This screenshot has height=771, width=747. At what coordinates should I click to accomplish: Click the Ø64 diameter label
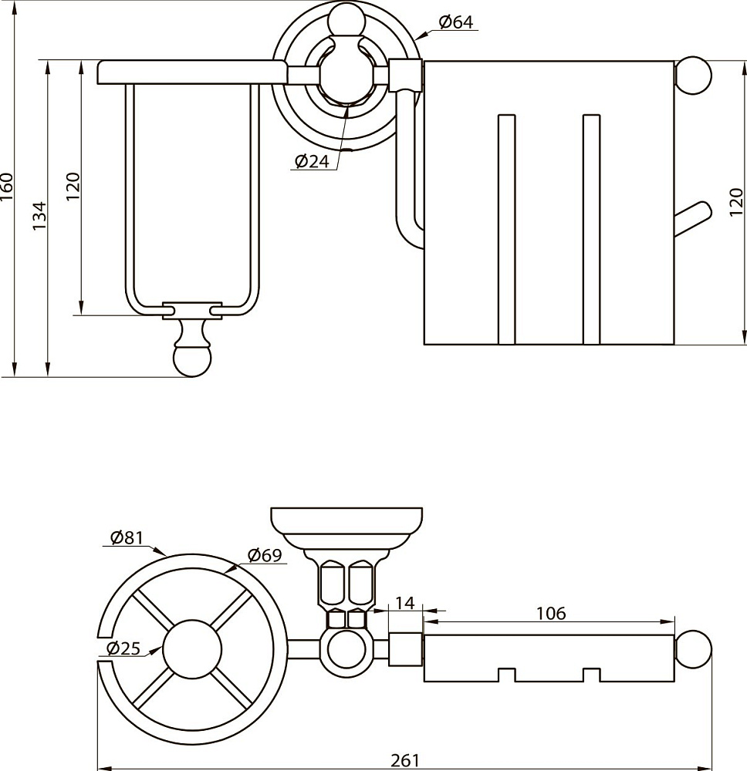(455, 22)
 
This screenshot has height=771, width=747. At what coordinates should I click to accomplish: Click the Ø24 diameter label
(312, 160)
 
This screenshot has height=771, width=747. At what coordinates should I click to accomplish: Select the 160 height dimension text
(7, 187)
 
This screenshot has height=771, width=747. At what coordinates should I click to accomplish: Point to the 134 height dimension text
(40, 217)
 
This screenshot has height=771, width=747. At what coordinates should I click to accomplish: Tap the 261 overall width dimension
(404, 760)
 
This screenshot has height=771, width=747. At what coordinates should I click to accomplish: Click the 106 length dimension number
(550, 613)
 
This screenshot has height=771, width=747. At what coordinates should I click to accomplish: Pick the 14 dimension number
(405, 603)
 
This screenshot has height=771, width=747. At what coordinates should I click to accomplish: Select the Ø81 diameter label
(127, 538)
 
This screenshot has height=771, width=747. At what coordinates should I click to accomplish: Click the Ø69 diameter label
(265, 554)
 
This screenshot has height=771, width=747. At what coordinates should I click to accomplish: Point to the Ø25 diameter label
(123, 648)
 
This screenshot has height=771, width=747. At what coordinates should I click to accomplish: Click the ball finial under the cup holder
(191, 360)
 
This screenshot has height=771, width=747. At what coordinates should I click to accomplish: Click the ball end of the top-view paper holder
(694, 648)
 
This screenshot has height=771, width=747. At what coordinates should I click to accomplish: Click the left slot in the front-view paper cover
(506, 229)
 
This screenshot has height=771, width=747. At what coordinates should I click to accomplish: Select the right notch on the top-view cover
(591, 675)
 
